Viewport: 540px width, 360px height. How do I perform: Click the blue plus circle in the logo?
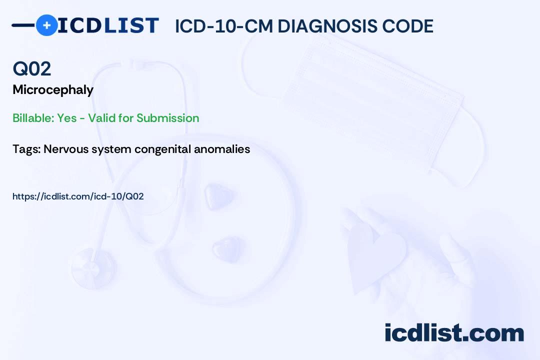click(46, 25)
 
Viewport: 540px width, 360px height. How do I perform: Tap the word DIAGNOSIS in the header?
click(327, 26)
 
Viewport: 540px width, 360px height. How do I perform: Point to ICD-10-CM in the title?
click(224, 26)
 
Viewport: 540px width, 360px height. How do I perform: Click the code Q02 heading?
click(31, 68)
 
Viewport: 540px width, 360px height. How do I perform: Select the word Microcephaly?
click(53, 90)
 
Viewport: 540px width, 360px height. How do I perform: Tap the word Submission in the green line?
click(167, 118)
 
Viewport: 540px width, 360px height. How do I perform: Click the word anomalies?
click(222, 149)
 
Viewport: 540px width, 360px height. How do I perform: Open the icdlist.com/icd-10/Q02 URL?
click(78, 196)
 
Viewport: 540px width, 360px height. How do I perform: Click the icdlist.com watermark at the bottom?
click(454, 332)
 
